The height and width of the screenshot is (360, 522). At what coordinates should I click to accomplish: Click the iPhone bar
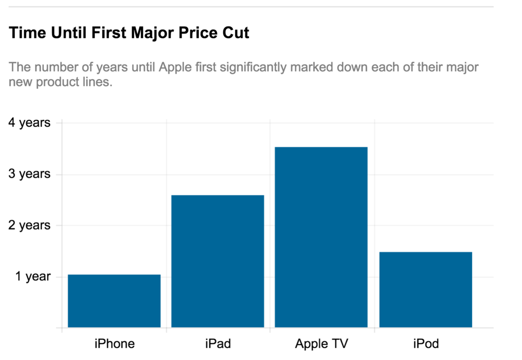click(114, 301)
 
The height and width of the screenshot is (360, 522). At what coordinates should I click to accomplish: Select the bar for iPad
click(217, 261)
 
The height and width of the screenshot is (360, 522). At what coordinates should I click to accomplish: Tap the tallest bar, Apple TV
click(321, 237)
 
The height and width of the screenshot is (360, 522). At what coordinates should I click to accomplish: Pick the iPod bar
click(426, 289)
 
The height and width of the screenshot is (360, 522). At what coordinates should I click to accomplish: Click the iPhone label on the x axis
click(114, 344)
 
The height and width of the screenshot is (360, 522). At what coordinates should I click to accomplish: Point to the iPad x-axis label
click(217, 344)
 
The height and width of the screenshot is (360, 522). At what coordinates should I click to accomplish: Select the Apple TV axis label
click(321, 344)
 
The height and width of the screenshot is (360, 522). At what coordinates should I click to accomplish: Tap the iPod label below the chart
click(426, 344)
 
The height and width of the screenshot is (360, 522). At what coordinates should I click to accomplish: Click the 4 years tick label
click(30, 123)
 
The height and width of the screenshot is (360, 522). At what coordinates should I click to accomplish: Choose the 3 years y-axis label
click(30, 174)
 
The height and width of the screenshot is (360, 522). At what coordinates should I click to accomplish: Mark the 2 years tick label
click(30, 225)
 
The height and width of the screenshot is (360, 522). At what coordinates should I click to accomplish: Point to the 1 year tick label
click(33, 276)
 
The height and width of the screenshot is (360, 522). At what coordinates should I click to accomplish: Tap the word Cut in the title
click(236, 34)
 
